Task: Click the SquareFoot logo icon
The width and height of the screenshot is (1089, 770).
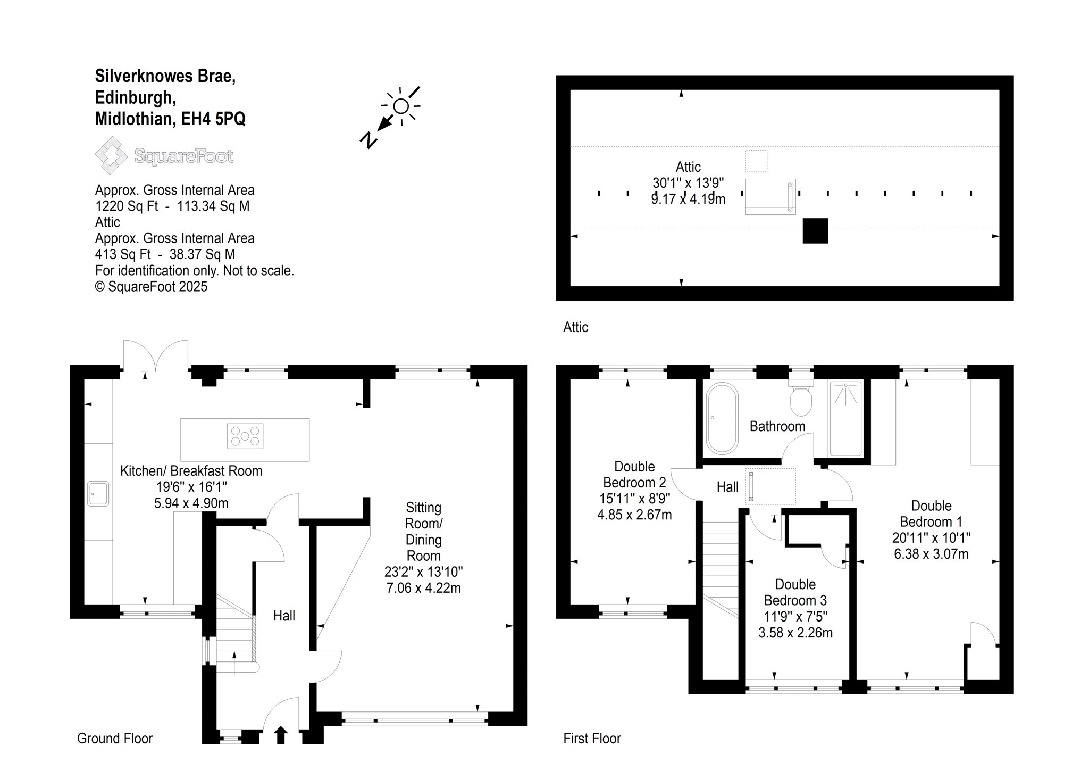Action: pyautogui.click(x=111, y=155)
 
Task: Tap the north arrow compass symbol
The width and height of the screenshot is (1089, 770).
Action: pyautogui.click(x=390, y=116)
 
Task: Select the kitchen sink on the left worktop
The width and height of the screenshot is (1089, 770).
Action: pyautogui.click(x=98, y=494)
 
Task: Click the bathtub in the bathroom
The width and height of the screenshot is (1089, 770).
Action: pyautogui.click(x=722, y=419)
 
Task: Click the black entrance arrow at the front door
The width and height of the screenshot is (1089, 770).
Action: pyautogui.click(x=281, y=735)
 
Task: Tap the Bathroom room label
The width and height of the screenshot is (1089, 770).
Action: pyautogui.click(x=777, y=426)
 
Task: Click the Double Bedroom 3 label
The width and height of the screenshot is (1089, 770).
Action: pyautogui.click(x=795, y=592)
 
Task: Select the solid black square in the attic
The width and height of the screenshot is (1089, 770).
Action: pyautogui.click(x=815, y=231)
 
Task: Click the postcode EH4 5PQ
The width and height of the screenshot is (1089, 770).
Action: pyautogui.click(x=213, y=118)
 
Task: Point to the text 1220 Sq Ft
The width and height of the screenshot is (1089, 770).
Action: pyautogui.click(x=127, y=206)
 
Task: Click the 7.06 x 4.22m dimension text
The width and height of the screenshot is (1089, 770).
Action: pyautogui.click(x=424, y=588)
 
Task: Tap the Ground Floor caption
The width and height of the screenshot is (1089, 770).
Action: pyautogui.click(x=115, y=739)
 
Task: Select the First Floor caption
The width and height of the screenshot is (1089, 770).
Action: pyautogui.click(x=592, y=739)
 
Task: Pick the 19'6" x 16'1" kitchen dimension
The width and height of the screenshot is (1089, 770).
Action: pyautogui.click(x=191, y=487)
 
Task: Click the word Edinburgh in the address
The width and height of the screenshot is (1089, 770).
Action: pyautogui.click(x=136, y=97)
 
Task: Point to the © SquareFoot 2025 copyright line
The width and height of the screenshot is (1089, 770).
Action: pyautogui.click(x=151, y=287)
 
